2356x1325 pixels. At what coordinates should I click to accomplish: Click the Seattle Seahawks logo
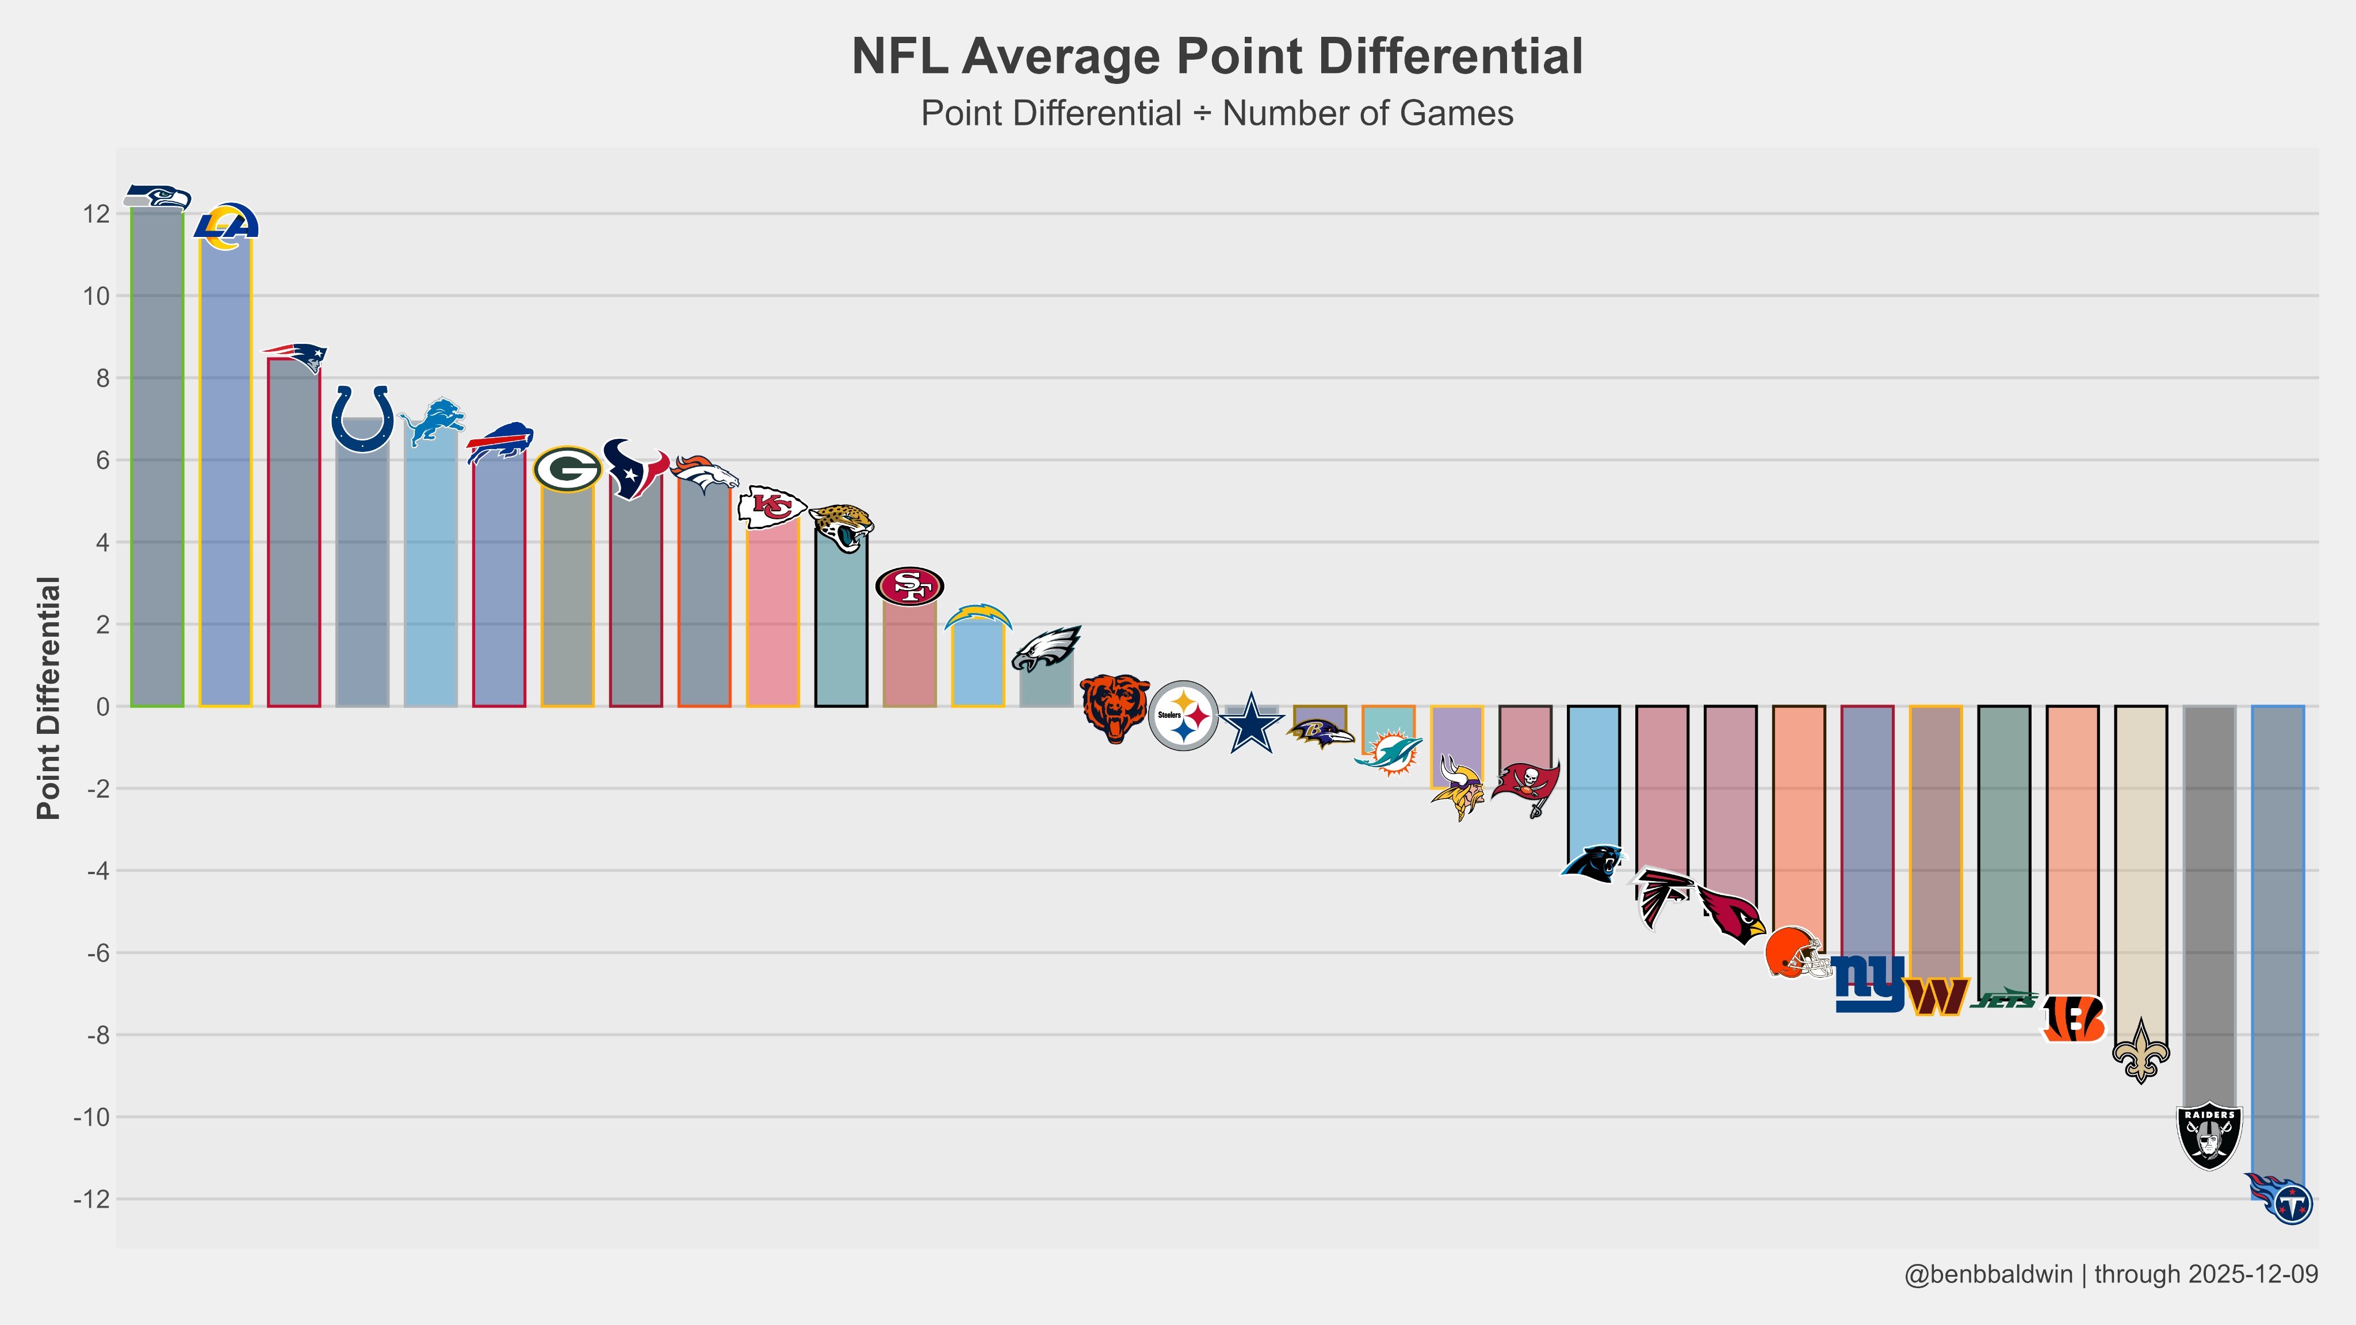[156, 197]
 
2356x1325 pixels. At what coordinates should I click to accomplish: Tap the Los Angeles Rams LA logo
[226, 226]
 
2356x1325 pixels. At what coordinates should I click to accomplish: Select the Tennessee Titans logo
[2280, 1199]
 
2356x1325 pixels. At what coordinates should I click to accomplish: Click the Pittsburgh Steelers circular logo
[1183, 715]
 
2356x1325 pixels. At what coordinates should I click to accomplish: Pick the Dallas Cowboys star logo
[1251, 722]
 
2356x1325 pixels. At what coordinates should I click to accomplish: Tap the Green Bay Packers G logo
[567, 469]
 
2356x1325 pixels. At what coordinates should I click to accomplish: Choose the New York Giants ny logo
[1868, 984]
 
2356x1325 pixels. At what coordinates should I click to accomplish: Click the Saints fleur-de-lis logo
[2140, 1052]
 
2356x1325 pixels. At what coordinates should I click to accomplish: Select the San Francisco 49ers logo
[909, 586]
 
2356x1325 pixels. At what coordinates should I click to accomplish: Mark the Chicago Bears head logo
[1115, 709]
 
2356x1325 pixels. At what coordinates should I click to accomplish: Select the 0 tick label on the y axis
[102, 707]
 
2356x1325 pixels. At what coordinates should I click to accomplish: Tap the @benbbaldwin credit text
[1987, 1274]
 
